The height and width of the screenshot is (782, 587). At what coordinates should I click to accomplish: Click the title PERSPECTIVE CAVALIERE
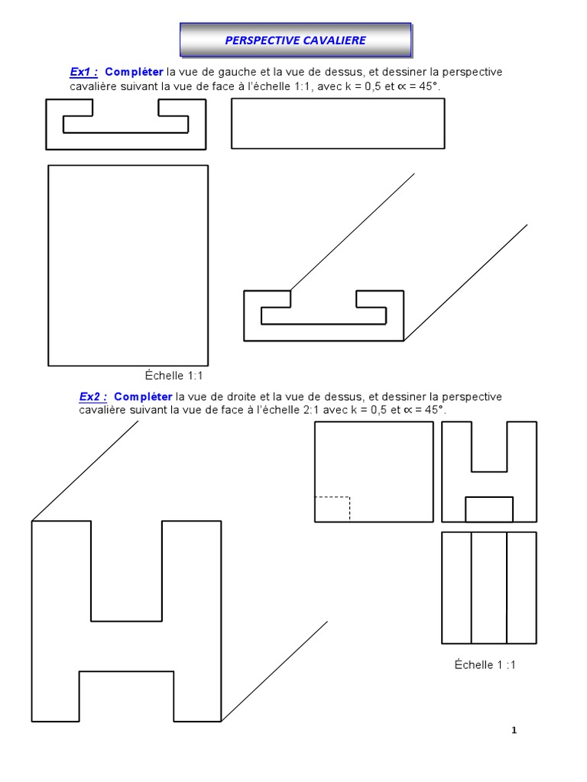(x=295, y=40)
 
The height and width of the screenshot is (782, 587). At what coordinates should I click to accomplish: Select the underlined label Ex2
(x=92, y=396)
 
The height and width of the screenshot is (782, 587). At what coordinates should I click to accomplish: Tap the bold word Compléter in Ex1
(x=139, y=72)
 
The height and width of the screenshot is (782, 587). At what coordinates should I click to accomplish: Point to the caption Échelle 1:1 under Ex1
(x=174, y=375)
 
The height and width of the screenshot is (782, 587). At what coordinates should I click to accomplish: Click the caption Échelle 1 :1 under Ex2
(x=485, y=664)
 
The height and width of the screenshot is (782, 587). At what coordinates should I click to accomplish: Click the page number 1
(x=514, y=730)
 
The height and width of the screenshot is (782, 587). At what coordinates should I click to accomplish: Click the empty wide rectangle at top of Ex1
(x=337, y=123)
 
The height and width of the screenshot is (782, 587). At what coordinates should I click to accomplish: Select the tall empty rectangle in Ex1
(x=128, y=265)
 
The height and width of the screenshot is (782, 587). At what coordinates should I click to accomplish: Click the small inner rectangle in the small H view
(x=489, y=509)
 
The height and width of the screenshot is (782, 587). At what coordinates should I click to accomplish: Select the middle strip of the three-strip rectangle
(x=489, y=587)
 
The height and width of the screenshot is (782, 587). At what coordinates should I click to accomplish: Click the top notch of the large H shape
(x=126, y=570)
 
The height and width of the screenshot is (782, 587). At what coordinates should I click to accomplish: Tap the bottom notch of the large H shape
(x=126, y=696)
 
